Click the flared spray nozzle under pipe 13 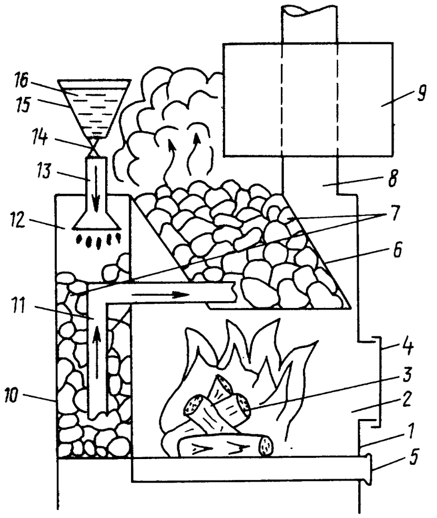(x=95, y=221)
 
